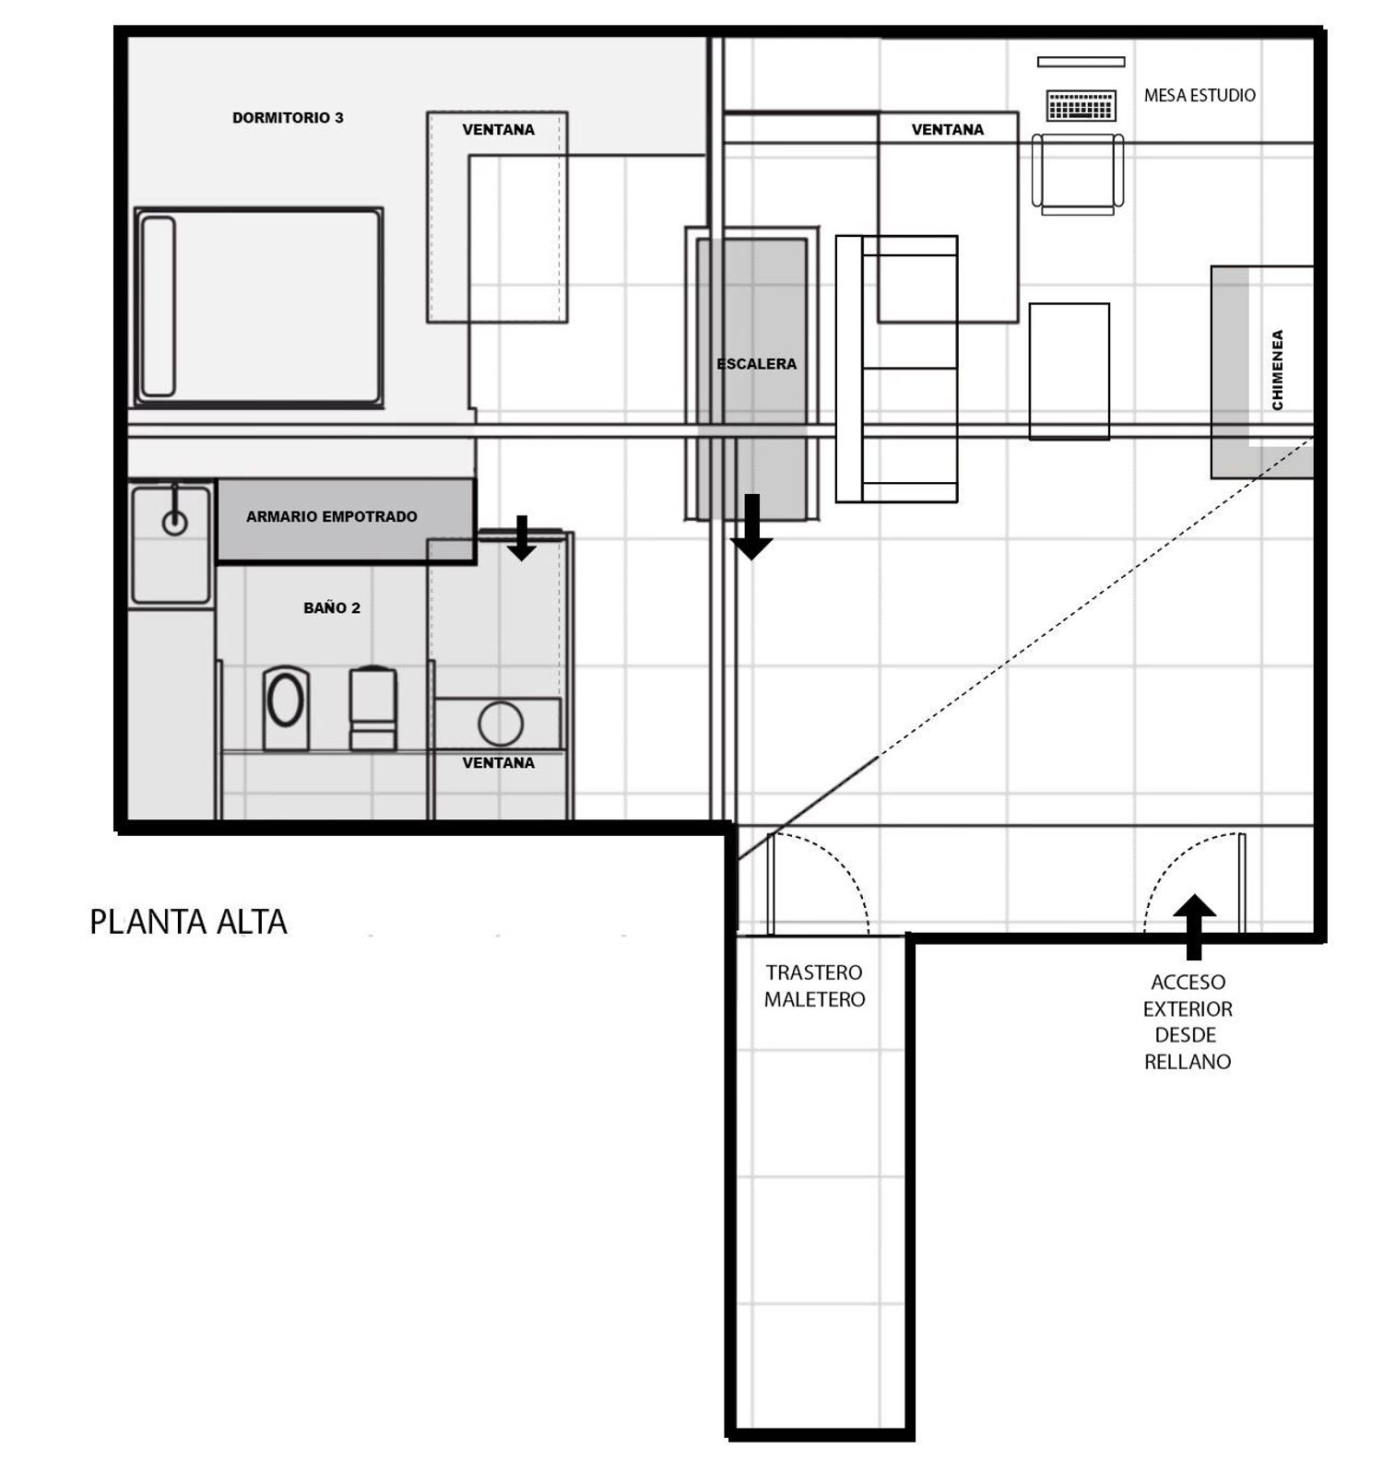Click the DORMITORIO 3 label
click(x=288, y=118)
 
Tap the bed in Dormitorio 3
click(x=259, y=307)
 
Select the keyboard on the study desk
click(x=1082, y=105)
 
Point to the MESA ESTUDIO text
click(x=1200, y=95)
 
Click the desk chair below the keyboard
click(x=1078, y=174)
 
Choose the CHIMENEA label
click(x=1277, y=370)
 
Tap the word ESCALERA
click(x=756, y=364)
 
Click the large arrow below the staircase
click(x=751, y=527)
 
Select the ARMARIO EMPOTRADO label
click(x=332, y=517)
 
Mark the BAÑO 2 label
click(x=332, y=608)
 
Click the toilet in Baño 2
click(x=373, y=708)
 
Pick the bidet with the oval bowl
click(x=286, y=708)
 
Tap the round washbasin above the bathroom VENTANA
click(x=501, y=724)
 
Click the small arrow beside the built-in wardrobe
click(x=522, y=538)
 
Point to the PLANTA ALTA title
click(x=188, y=922)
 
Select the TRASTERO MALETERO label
click(x=814, y=986)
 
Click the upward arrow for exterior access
click(x=1194, y=927)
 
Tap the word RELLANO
click(x=1188, y=1062)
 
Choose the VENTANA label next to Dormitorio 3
click(x=498, y=130)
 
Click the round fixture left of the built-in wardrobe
click(x=175, y=523)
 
